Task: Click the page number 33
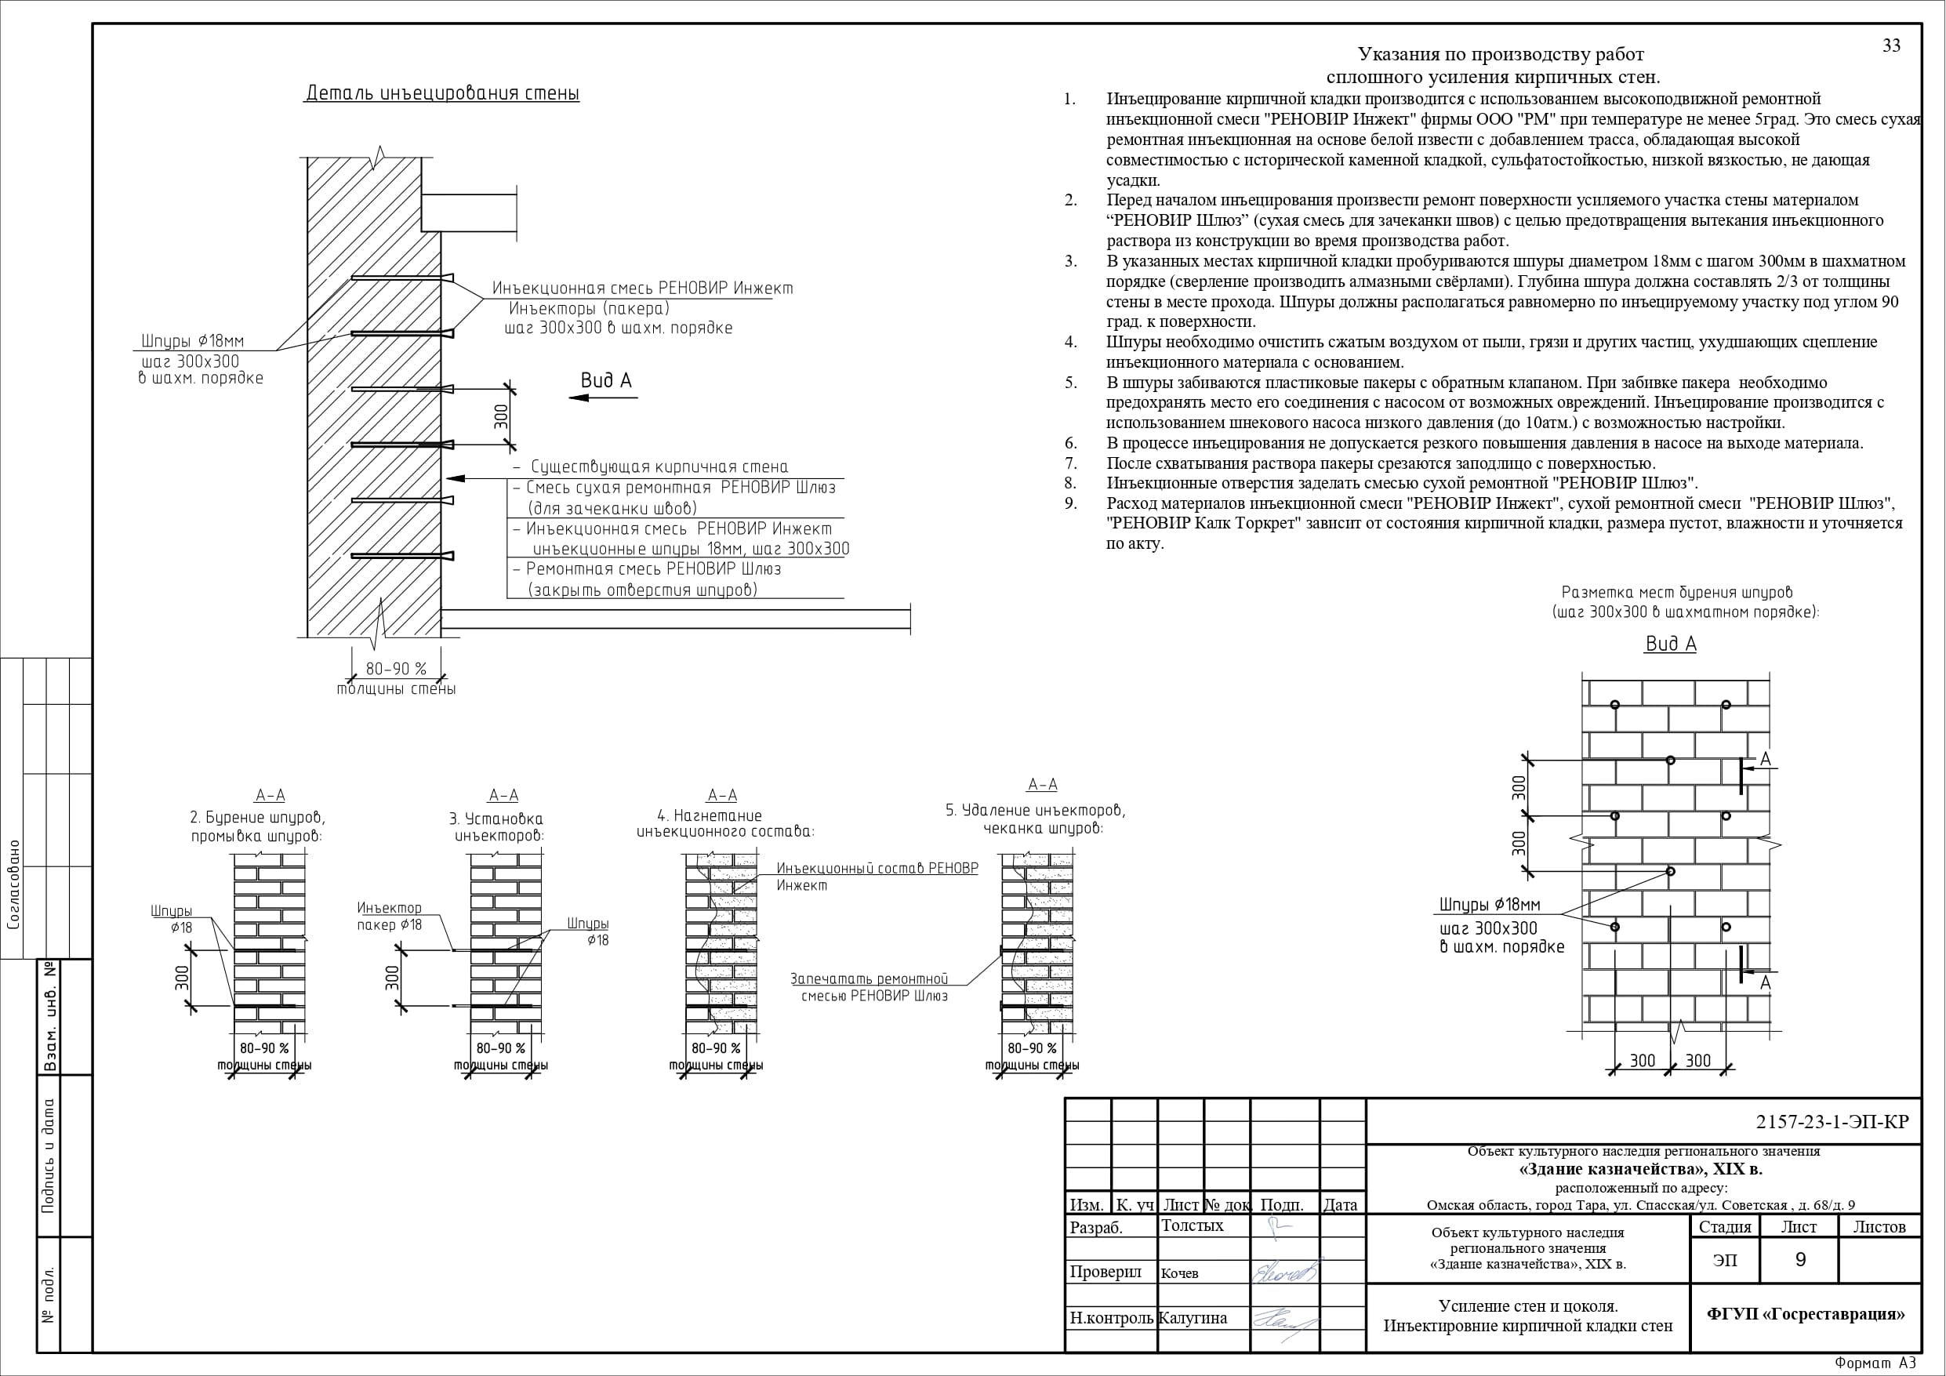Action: point(1891,45)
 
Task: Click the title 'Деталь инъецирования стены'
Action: point(441,93)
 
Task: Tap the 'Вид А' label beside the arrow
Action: point(606,381)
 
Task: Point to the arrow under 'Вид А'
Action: point(603,398)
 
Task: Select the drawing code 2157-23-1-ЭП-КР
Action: point(1832,1122)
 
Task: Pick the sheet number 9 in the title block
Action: point(1800,1260)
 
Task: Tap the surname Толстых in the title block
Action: point(1193,1226)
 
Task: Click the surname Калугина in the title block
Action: point(1193,1318)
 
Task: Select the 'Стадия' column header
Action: point(1725,1227)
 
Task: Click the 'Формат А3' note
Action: point(1875,1363)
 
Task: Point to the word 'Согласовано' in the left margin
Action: point(14,885)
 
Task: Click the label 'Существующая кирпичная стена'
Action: point(659,467)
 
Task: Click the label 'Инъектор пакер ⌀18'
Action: point(389,917)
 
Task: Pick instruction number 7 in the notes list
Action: point(1071,463)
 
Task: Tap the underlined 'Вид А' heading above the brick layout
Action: point(1671,644)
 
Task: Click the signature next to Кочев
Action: point(1284,1273)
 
